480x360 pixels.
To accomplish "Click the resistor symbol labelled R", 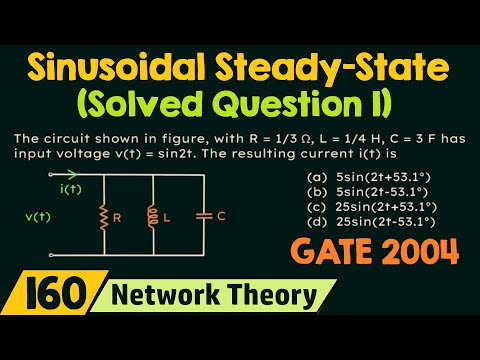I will click(103, 214).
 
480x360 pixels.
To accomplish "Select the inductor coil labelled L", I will click(154, 214).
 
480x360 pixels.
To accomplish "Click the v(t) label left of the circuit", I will click(38, 214).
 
